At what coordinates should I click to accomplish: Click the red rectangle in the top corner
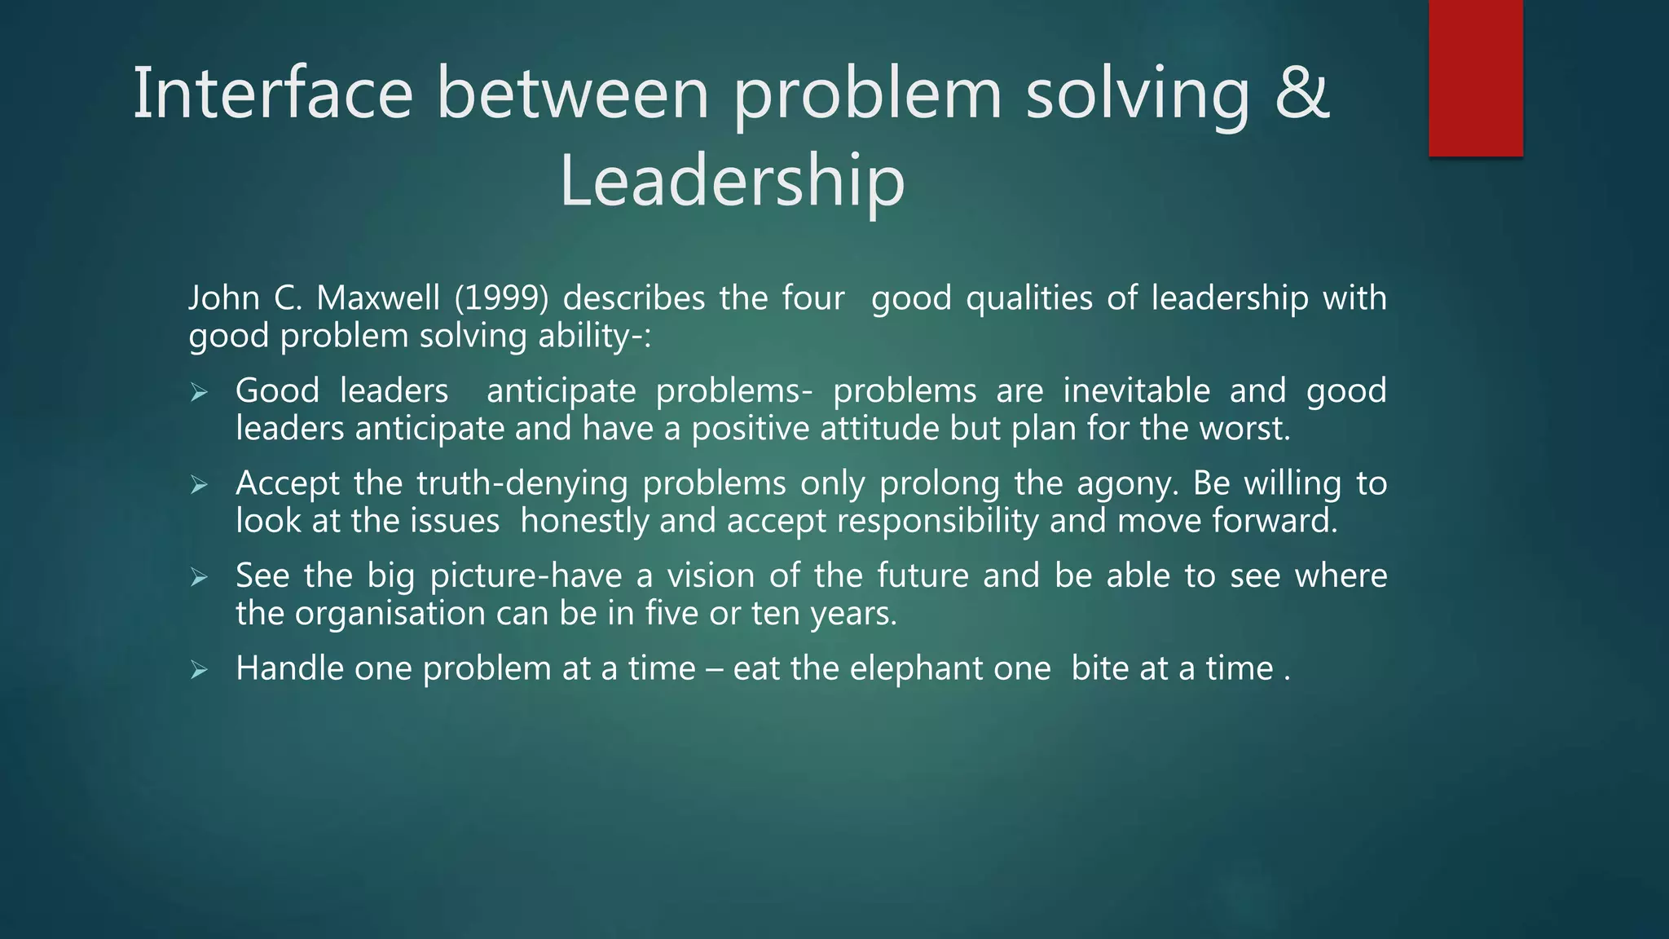(1475, 77)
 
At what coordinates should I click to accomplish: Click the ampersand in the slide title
(1301, 93)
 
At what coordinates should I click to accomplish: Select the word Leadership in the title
(732, 181)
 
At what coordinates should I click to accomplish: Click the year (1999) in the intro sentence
(501, 298)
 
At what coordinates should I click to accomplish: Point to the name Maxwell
(378, 298)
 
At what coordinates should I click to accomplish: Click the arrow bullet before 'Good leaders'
(200, 394)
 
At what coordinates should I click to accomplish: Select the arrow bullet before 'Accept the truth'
(200, 486)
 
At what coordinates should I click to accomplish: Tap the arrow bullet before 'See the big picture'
(200, 578)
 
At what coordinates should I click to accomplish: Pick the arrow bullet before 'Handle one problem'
(200, 671)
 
